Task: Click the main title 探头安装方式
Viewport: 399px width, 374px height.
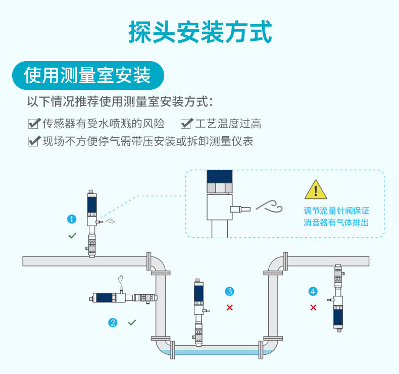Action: click(x=200, y=32)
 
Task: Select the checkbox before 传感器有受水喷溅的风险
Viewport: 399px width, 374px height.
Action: click(x=34, y=124)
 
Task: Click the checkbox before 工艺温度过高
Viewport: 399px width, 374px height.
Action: click(x=187, y=124)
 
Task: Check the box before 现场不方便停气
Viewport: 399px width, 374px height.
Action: click(x=34, y=141)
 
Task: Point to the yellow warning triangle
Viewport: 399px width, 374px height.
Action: click(x=316, y=190)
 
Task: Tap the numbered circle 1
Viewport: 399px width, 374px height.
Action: click(x=72, y=219)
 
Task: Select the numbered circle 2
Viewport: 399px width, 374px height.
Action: click(x=113, y=323)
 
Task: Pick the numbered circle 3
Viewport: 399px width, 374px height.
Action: click(x=229, y=291)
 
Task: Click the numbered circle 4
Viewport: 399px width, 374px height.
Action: click(x=313, y=291)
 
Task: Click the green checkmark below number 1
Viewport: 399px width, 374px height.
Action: click(x=72, y=236)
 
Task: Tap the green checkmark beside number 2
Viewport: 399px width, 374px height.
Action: click(x=132, y=322)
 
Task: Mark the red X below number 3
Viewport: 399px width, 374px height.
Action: click(x=229, y=307)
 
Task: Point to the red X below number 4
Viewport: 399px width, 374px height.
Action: click(x=313, y=307)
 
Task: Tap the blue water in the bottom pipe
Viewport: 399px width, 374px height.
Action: click(x=217, y=352)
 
